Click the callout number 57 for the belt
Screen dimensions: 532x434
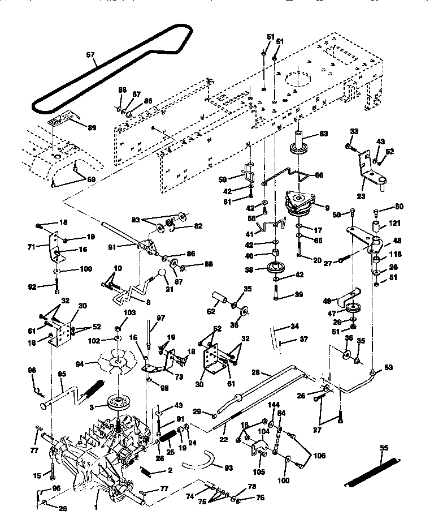click(x=91, y=56)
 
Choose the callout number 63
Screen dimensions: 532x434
click(x=323, y=134)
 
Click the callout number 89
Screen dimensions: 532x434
click(x=91, y=127)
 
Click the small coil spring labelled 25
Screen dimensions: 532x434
click(x=167, y=436)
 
